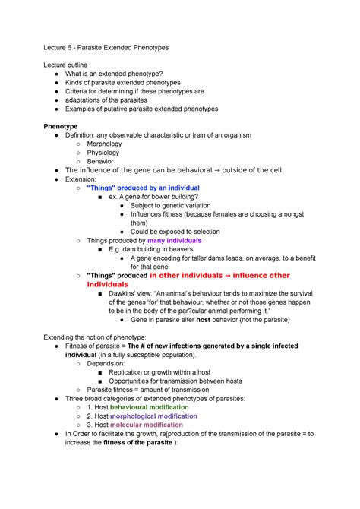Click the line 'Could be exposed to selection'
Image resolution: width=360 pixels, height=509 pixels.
coord(179,232)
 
